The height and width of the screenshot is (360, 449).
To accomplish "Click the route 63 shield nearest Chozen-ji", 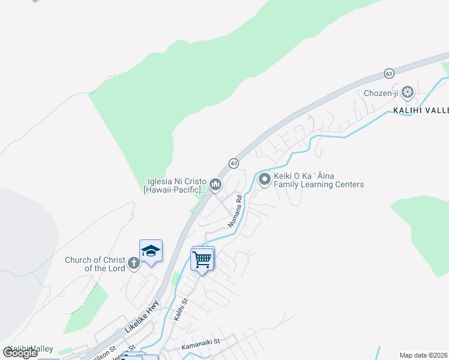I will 389,73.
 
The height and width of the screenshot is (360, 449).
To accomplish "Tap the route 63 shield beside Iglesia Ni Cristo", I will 234,163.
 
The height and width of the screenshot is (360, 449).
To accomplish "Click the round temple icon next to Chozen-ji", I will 408,92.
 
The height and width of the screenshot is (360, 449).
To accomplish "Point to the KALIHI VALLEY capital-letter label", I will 420,110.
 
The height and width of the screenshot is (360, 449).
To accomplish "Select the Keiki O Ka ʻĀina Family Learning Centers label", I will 319,181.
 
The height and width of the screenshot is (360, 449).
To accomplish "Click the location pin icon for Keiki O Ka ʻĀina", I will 264,179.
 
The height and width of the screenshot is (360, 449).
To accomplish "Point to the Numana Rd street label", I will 235,211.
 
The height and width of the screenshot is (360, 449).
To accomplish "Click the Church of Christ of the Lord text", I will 95,264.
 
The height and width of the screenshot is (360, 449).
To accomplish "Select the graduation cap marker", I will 151,251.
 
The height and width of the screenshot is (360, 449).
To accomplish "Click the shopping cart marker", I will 202,259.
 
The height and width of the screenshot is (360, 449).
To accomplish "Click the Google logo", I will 20,353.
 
